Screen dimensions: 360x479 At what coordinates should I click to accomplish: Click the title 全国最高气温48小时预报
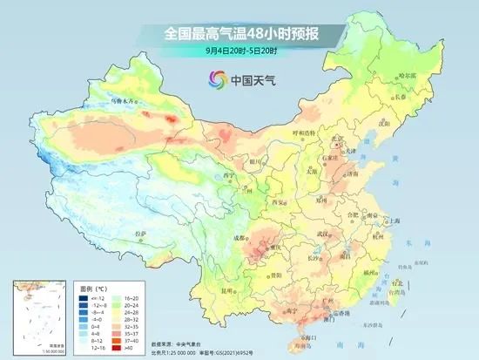[x=239, y=34]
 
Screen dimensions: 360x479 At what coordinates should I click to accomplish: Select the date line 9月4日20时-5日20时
[x=239, y=51]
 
